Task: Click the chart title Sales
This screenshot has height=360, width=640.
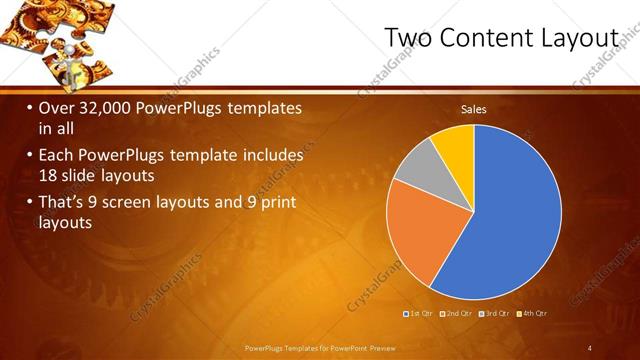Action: (x=473, y=109)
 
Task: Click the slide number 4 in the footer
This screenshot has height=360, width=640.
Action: (x=590, y=348)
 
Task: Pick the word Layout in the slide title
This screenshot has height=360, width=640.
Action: (x=582, y=37)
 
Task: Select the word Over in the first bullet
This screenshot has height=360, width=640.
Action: (x=54, y=107)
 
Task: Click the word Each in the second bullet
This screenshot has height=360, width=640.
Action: (x=55, y=155)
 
